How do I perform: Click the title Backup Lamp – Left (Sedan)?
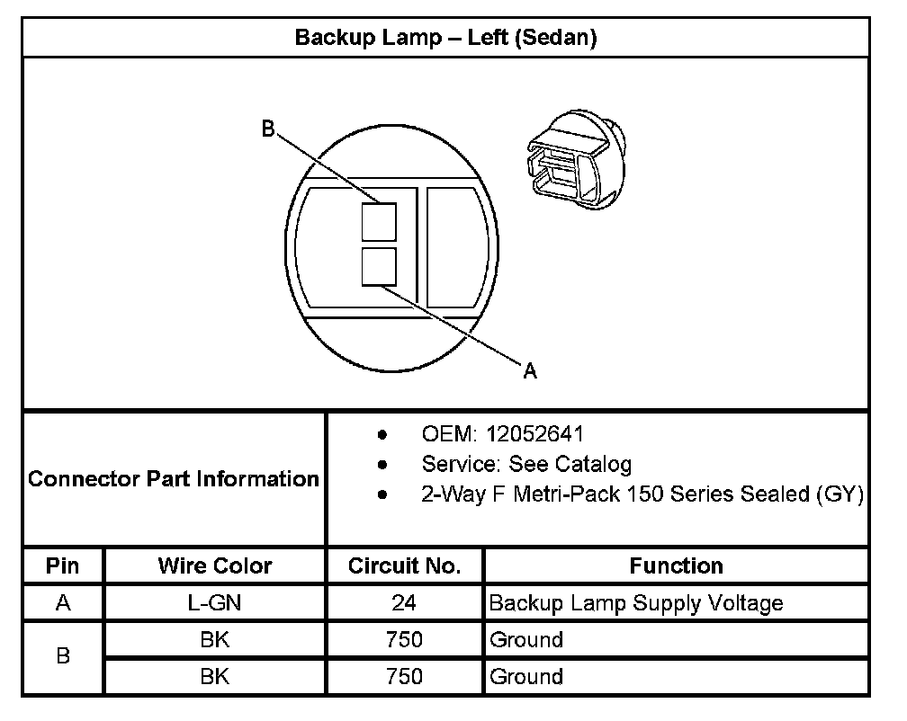point(446,38)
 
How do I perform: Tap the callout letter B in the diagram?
point(267,129)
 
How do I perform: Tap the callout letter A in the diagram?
point(530,370)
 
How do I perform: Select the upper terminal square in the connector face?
point(379,220)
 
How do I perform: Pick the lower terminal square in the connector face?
point(379,267)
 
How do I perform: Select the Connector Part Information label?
point(174,478)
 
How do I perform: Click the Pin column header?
point(63,565)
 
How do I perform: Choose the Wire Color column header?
point(215,565)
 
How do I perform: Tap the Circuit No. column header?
point(404,565)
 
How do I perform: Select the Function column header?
point(676,565)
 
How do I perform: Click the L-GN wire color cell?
point(215,603)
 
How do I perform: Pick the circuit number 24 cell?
point(404,603)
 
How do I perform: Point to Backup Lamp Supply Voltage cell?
point(635,603)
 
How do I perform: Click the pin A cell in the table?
point(63,603)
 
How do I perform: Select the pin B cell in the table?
point(63,657)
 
